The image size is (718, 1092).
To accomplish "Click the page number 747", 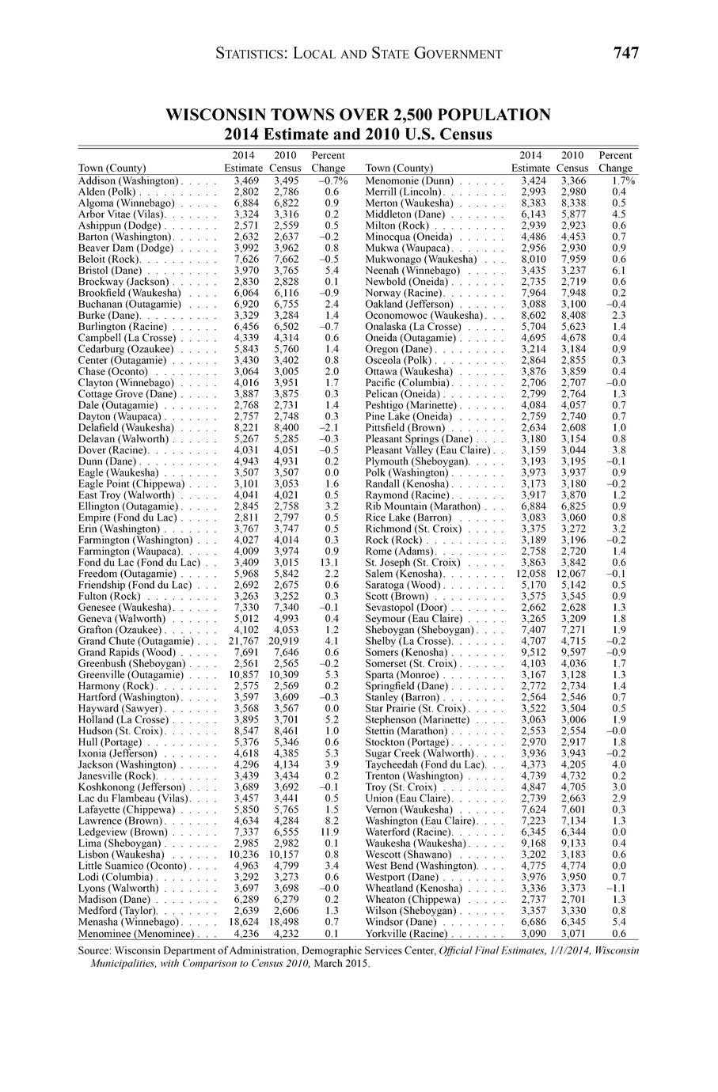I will coord(625,53).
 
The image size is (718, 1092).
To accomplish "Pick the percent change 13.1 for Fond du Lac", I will coord(332,562).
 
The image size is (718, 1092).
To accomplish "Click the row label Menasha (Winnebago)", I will coord(128,922).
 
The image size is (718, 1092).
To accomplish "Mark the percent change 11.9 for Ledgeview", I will coord(332,832).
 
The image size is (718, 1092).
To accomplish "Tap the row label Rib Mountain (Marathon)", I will coord(423,506).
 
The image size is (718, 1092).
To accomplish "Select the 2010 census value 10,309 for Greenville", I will coord(284,674).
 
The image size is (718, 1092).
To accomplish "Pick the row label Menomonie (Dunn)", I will coord(408,181).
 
